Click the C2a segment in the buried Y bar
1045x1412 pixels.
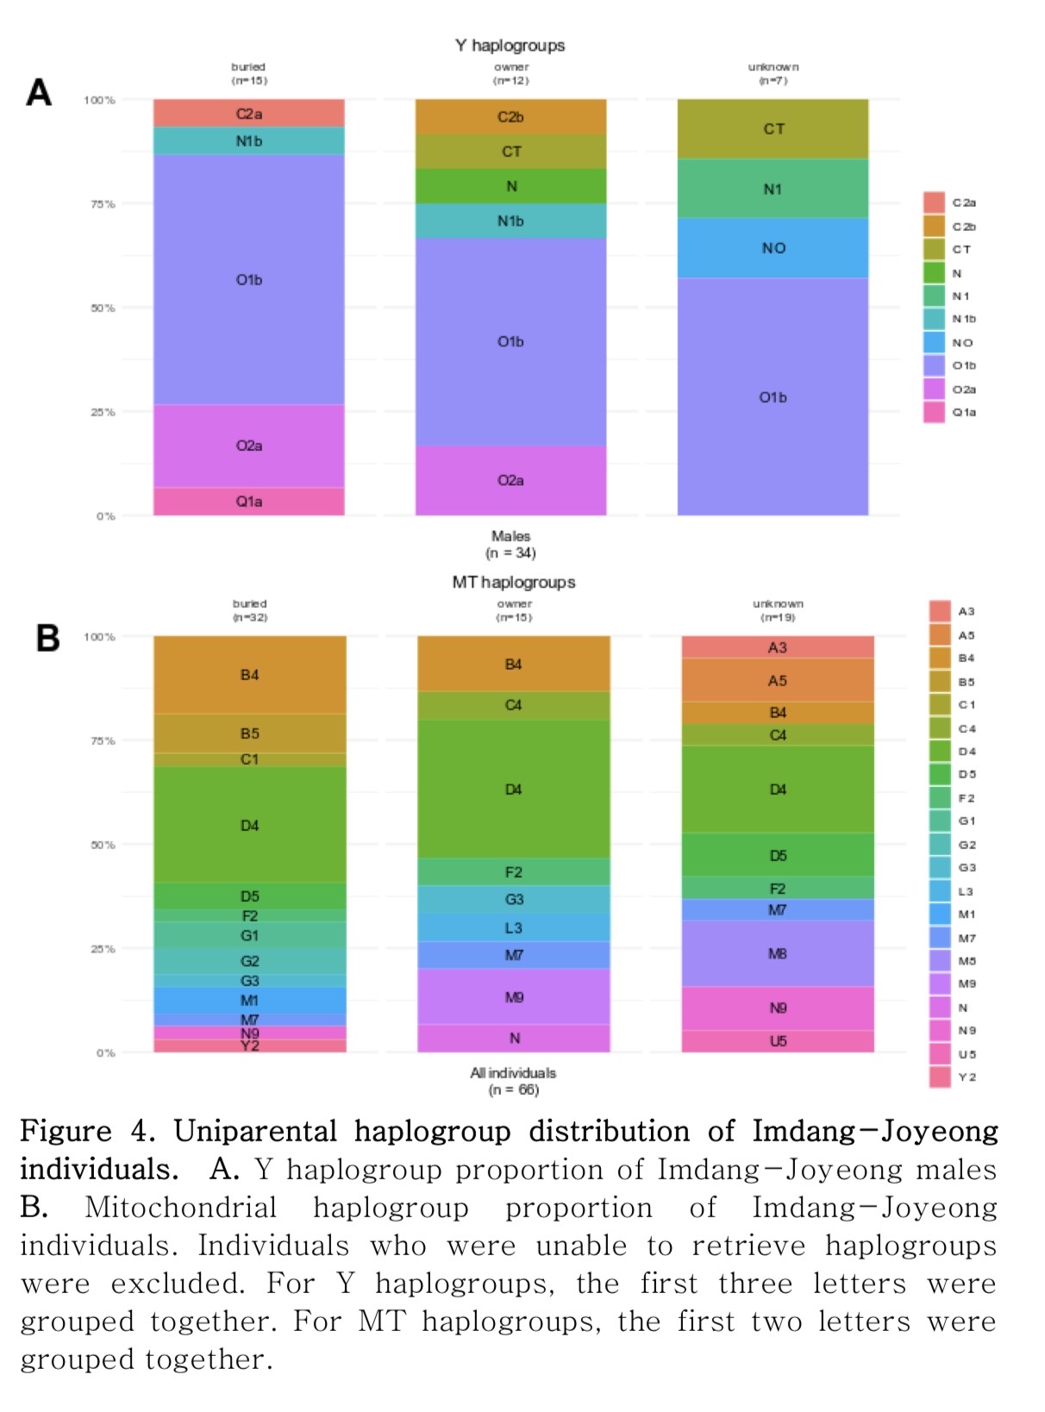(x=249, y=114)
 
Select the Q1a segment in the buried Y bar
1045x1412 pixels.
(x=249, y=501)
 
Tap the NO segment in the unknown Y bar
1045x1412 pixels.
(x=773, y=248)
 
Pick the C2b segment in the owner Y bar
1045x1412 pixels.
(x=510, y=117)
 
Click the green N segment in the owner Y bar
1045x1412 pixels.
(x=510, y=186)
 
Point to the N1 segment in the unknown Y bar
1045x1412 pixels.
(x=773, y=189)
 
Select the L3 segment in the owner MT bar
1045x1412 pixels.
(x=513, y=928)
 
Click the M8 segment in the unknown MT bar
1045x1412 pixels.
(x=777, y=953)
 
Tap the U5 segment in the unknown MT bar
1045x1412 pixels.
(x=777, y=1041)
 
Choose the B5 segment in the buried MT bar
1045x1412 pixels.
(x=249, y=734)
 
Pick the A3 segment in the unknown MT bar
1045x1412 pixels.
(x=777, y=647)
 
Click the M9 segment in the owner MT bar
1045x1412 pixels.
(x=513, y=997)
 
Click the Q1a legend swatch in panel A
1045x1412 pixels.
(x=934, y=412)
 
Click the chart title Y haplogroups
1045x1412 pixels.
(x=510, y=46)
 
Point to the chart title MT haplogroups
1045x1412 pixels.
(x=513, y=582)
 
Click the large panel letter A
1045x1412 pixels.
(x=39, y=92)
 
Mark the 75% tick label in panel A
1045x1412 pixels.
(x=103, y=204)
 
